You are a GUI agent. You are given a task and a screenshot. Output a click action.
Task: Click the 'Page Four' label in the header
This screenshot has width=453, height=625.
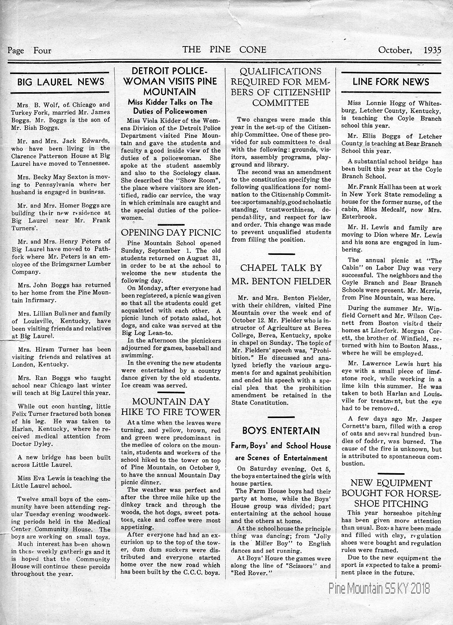click(x=29, y=50)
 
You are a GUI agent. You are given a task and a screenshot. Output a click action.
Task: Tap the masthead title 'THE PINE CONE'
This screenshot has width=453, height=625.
click(x=224, y=49)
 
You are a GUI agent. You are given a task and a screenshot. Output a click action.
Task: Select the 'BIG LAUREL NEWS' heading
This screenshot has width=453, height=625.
click(x=61, y=82)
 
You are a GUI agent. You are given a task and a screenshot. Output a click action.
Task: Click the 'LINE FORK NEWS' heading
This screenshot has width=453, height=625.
click(x=391, y=82)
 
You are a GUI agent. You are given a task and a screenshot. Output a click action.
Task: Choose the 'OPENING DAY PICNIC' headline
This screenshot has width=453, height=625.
click(x=171, y=232)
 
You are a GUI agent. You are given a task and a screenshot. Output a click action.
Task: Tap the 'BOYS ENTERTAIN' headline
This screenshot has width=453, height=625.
click(x=281, y=431)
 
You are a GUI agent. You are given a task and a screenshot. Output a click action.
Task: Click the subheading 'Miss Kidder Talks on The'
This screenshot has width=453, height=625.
click(x=170, y=102)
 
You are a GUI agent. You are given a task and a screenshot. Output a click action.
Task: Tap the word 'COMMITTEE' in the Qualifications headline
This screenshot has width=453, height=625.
click(x=280, y=102)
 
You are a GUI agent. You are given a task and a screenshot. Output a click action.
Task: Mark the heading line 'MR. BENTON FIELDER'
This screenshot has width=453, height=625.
click(x=281, y=281)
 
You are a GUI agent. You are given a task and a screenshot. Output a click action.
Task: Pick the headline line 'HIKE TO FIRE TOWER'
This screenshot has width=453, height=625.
click(x=171, y=412)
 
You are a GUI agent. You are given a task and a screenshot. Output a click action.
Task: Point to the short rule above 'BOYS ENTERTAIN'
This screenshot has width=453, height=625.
click(x=280, y=417)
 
